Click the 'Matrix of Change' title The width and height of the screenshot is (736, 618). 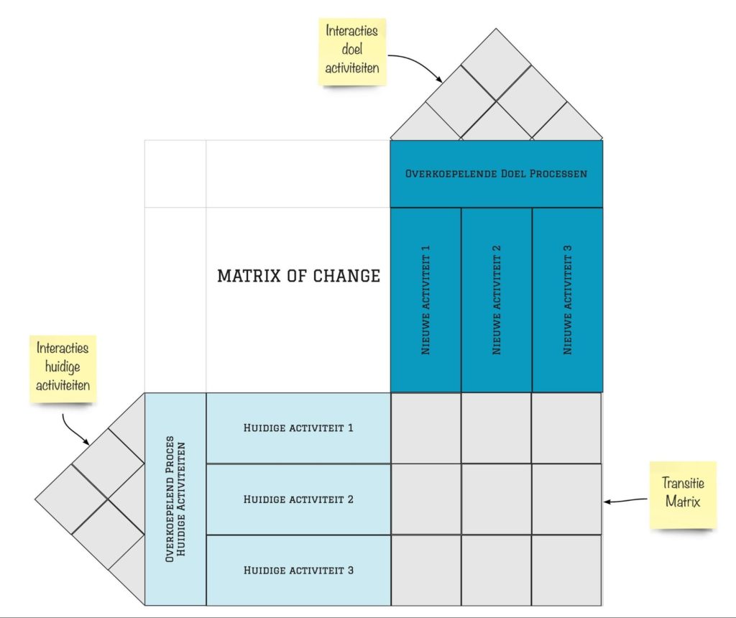tap(298, 275)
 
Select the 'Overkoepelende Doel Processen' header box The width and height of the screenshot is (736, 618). tap(496, 174)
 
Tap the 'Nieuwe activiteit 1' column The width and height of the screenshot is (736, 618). tap(425, 300)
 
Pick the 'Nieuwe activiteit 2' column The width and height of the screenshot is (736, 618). tap(497, 300)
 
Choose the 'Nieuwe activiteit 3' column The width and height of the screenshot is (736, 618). tap(568, 300)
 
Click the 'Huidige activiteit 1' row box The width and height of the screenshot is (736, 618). tap(298, 428)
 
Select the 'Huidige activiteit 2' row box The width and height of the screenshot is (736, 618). tap(298, 499)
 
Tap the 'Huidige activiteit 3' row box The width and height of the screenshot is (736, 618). tap(298, 570)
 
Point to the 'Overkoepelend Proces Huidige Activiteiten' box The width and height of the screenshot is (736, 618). tap(175, 499)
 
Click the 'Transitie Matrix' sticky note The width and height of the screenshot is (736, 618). tap(683, 495)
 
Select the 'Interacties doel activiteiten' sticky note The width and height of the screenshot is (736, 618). tap(352, 52)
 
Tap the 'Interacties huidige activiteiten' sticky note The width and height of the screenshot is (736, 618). tap(63, 369)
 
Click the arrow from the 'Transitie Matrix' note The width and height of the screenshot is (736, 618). tap(626, 501)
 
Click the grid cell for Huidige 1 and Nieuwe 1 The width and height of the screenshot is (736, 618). tap(425, 428)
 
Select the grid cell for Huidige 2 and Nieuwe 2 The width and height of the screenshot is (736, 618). tap(497, 499)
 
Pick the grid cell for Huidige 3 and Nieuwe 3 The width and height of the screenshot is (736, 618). tap(567, 570)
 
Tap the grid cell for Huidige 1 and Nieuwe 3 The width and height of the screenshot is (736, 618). tap(566, 428)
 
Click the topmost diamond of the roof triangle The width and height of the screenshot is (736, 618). tap(496, 64)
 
